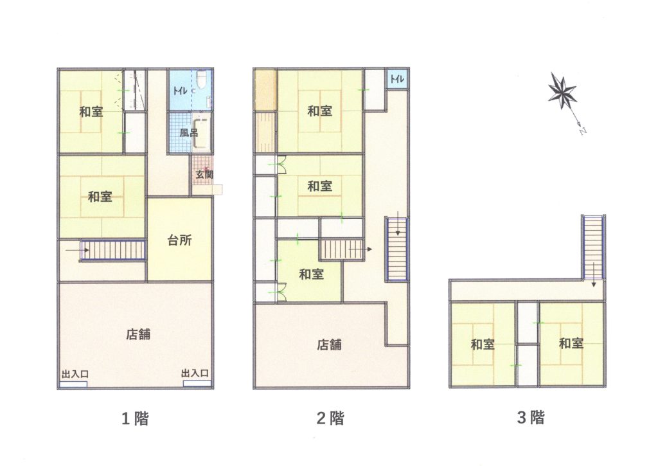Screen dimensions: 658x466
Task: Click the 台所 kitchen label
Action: [180, 240]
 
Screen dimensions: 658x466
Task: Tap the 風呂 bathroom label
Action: [188, 133]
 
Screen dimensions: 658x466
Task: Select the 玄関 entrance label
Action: [204, 174]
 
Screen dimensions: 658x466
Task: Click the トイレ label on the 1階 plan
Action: [180, 91]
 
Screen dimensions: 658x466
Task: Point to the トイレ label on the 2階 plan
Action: [397, 78]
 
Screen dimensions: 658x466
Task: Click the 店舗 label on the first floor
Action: [138, 335]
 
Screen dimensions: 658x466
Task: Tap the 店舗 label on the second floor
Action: [329, 345]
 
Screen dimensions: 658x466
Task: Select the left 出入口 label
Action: [75, 374]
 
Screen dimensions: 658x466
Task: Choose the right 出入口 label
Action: [195, 373]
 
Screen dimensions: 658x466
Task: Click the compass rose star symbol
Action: [562, 93]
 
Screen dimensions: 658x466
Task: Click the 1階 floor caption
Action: [135, 418]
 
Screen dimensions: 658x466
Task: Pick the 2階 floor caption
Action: [330, 418]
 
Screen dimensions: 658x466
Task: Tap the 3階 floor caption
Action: [531, 418]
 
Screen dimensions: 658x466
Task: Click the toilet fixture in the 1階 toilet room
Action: [200, 79]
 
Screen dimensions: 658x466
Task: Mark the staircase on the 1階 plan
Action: [112, 251]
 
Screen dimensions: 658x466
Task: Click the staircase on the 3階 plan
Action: [593, 247]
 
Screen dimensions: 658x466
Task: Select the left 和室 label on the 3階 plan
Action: [483, 345]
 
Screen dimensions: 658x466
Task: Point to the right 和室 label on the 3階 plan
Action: [571, 343]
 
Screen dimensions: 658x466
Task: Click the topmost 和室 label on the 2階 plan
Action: [320, 111]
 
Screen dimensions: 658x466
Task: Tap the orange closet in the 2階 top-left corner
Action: [265, 90]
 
